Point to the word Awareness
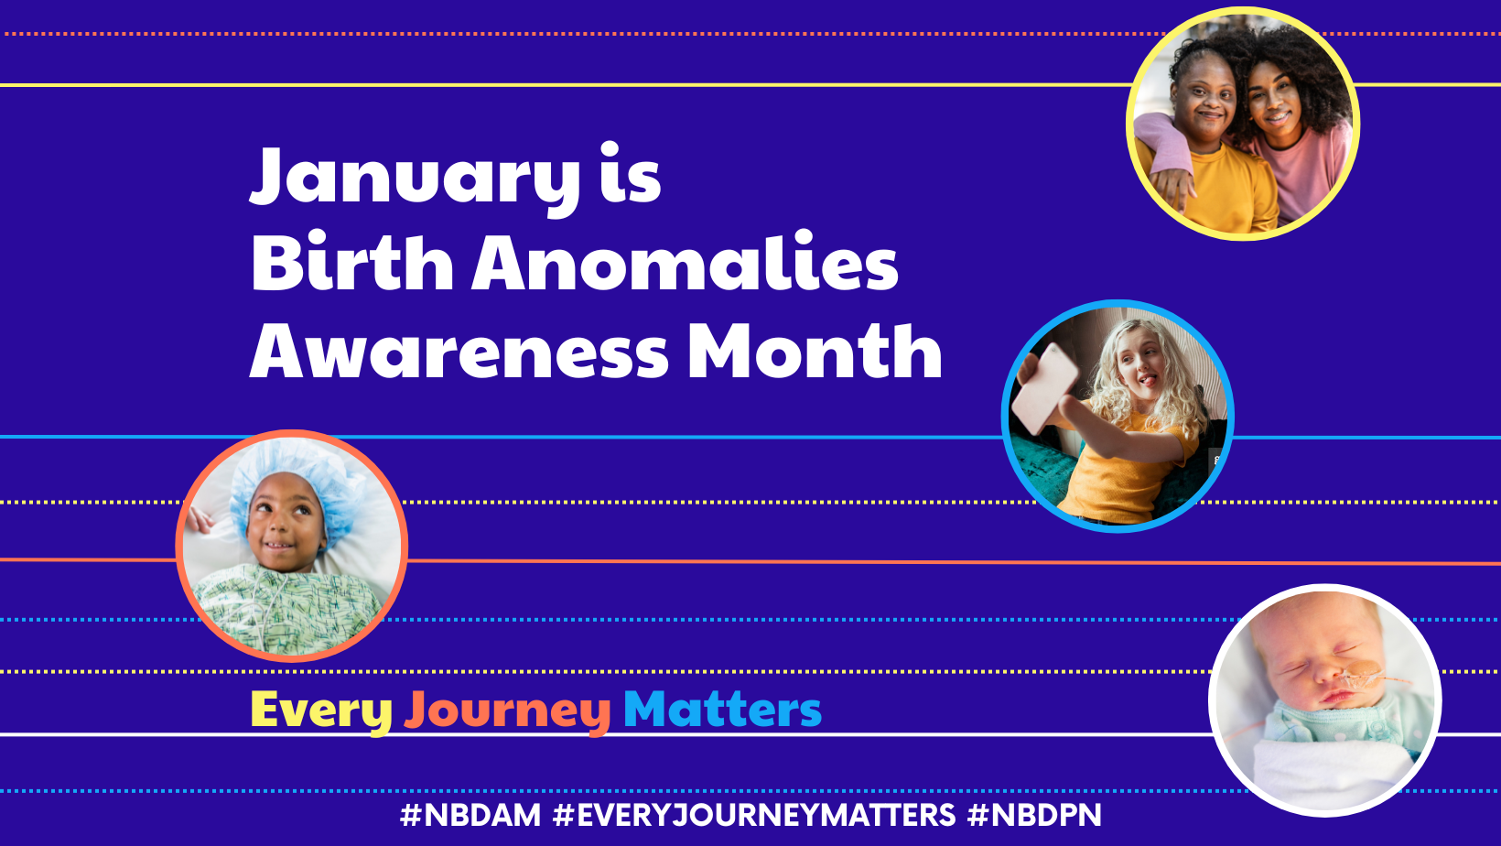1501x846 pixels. (x=459, y=351)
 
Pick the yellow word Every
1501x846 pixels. (x=321, y=712)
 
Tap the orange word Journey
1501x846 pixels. (x=507, y=712)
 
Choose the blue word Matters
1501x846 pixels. (x=722, y=710)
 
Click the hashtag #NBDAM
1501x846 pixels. (x=470, y=816)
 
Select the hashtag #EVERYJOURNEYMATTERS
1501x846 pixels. (x=754, y=816)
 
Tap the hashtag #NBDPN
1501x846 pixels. (x=1034, y=816)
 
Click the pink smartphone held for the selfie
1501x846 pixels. (x=1044, y=389)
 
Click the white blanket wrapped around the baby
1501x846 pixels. (x=1334, y=771)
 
